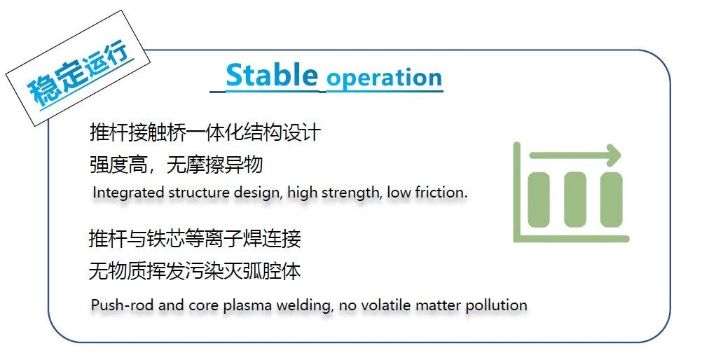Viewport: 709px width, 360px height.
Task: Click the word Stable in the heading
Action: [272, 75]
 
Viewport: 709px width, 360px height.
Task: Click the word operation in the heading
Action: [385, 78]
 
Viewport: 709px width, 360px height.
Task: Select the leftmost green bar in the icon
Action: [539, 200]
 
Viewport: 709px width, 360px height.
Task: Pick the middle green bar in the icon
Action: [574, 200]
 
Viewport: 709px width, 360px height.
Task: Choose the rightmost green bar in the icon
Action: [612, 200]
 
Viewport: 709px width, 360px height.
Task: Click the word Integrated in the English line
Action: [128, 193]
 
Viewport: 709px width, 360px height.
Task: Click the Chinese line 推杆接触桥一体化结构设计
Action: [205, 132]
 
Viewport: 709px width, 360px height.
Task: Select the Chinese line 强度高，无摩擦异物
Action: [177, 164]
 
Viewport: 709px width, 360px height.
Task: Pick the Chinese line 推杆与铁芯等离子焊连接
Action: [195, 238]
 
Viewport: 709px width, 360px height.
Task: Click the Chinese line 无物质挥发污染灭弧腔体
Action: [195, 271]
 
